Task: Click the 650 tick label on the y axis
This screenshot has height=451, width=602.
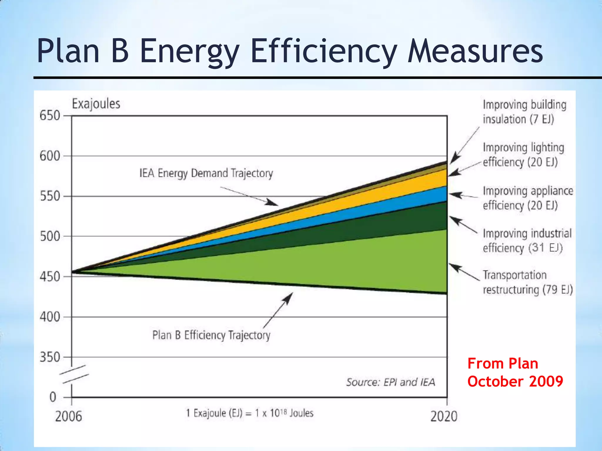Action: tap(50, 116)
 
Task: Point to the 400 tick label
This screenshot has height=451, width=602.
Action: tap(50, 317)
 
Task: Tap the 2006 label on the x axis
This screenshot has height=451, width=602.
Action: tap(68, 416)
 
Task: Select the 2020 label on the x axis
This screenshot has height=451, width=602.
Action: tap(444, 416)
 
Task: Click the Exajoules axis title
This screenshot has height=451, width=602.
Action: tap(96, 104)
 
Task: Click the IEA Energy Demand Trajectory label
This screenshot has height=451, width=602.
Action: tap(206, 173)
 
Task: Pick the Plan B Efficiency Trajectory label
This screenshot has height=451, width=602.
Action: tap(211, 335)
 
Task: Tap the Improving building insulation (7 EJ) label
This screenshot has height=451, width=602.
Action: tap(524, 112)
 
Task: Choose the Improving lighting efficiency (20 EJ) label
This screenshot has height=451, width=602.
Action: tap(523, 155)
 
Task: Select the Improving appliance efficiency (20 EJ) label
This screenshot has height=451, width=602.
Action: tap(528, 198)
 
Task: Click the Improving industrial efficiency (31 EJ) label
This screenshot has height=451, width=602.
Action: tap(527, 240)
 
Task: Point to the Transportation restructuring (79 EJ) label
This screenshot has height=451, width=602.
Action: tap(528, 282)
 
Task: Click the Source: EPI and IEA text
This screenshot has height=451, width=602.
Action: tap(390, 382)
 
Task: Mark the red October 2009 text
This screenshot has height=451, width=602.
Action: tap(515, 381)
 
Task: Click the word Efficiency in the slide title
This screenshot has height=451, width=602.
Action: tap(323, 51)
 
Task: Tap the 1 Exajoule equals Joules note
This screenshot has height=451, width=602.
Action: tap(250, 413)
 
